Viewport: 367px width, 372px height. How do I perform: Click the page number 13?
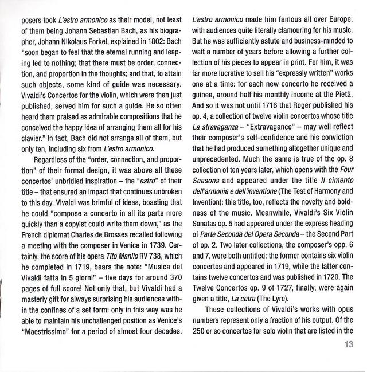click(349, 360)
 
